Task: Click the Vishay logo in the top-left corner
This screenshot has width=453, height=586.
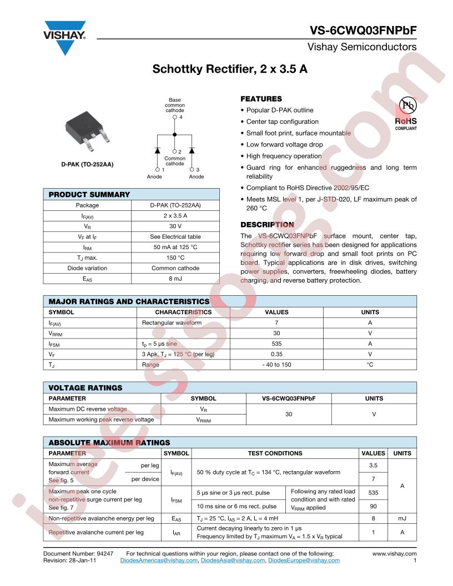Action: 65,37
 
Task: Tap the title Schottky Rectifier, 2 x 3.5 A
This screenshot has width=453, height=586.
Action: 230,70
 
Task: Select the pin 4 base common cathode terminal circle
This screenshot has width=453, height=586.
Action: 175,118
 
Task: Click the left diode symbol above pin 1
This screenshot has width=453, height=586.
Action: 158,150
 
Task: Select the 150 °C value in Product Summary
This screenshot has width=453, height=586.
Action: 176,257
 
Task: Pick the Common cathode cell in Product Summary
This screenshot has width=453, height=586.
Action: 176,269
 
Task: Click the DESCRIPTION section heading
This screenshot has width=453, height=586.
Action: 267,225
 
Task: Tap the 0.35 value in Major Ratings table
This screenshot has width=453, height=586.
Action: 276,354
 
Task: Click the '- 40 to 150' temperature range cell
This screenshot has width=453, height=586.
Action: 276,365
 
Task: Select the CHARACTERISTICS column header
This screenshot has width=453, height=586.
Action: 183,312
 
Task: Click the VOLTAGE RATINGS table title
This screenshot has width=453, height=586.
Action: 85,387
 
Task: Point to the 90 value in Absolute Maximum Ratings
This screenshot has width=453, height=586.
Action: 373,506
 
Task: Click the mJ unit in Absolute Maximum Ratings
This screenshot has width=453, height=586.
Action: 402,518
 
